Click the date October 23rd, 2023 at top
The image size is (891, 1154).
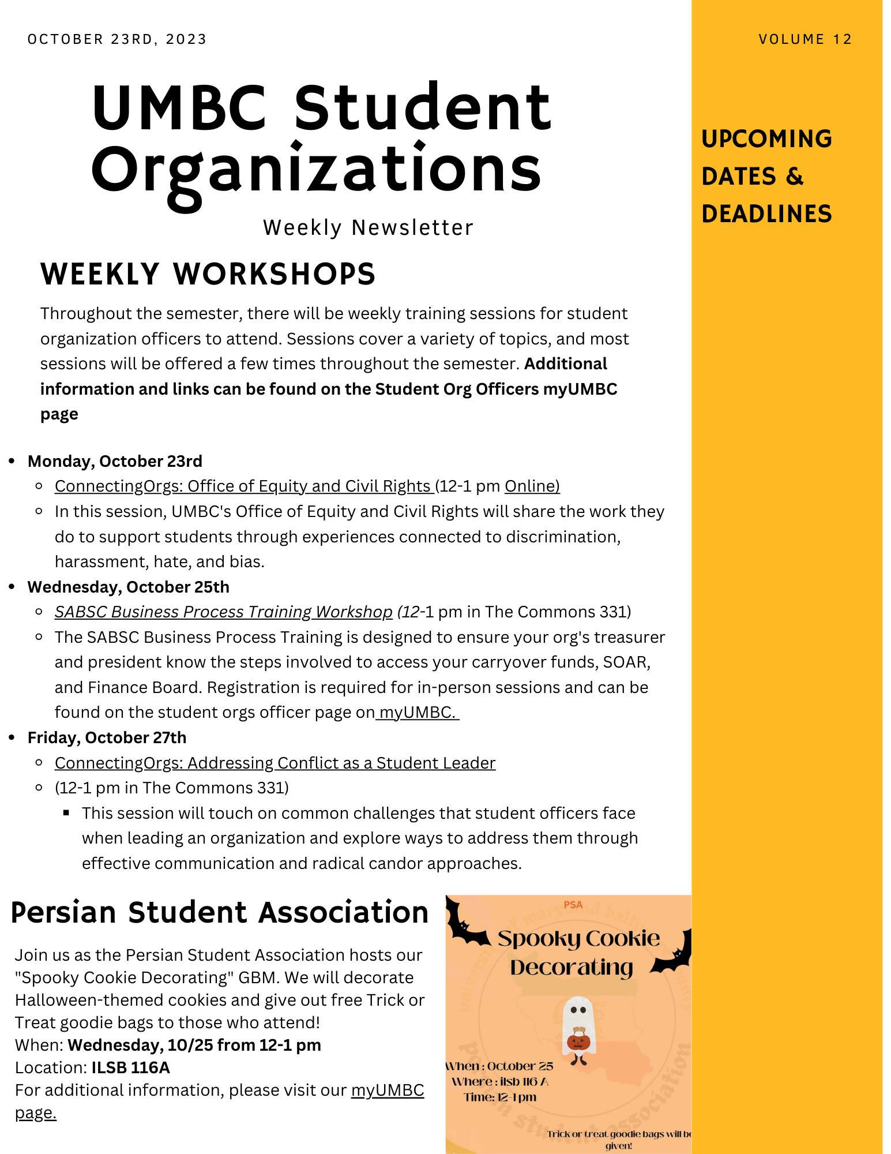(117, 39)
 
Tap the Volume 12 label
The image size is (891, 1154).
(805, 39)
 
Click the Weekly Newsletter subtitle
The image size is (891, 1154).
(368, 228)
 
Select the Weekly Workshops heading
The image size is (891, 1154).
(208, 274)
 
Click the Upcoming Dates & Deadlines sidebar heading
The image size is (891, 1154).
(766, 176)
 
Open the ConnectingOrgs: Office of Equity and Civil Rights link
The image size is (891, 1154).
(243, 486)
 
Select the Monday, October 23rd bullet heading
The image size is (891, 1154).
(115, 462)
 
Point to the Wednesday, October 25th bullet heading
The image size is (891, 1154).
(128, 587)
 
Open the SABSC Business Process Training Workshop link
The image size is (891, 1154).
(223, 612)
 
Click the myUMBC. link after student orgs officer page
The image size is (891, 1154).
(418, 713)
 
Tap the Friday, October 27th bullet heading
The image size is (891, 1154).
(107, 738)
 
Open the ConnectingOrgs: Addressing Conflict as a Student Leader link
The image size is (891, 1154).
(275, 763)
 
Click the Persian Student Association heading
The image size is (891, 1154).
(220, 913)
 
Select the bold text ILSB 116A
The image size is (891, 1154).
(130, 1068)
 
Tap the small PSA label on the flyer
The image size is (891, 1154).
(573, 905)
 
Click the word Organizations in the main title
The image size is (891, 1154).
(316, 170)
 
